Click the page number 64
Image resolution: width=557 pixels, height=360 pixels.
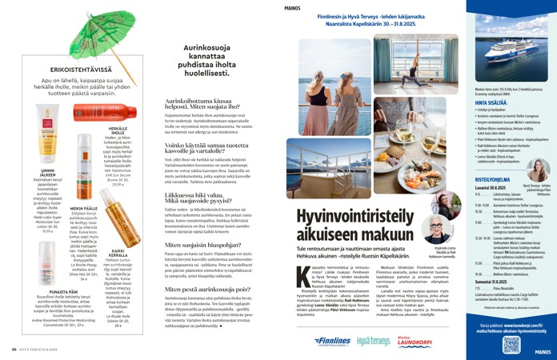pyautogui.click(x=14, y=349)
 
